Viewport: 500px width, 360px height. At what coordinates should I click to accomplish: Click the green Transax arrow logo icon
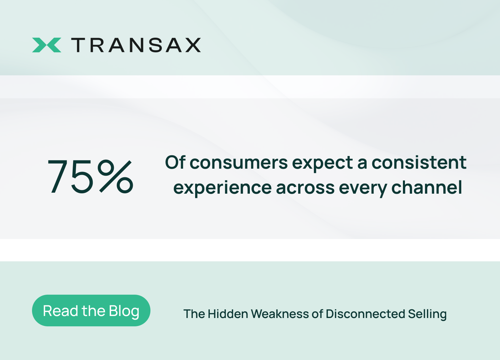(x=47, y=45)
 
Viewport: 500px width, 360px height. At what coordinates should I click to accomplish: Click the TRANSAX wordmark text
(x=136, y=45)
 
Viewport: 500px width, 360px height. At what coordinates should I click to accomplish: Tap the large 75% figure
(x=90, y=176)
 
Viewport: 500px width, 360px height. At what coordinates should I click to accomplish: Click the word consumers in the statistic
(x=238, y=163)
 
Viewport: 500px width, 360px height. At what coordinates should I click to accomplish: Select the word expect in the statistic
(x=323, y=164)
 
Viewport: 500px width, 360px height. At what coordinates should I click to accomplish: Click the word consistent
(x=419, y=162)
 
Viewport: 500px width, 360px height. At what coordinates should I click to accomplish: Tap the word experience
(x=222, y=189)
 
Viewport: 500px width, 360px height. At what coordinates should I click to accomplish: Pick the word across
(x=305, y=188)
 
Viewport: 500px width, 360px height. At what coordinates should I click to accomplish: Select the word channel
(x=427, y=187)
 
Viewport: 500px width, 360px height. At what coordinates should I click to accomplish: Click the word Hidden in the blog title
(x=228, y=314)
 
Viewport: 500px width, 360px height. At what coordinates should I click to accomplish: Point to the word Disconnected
(x=365, y=314)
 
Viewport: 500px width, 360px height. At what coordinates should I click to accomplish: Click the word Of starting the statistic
(x=175, y=162)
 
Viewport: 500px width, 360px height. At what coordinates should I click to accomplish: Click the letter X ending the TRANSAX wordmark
(x=193, y=45)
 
